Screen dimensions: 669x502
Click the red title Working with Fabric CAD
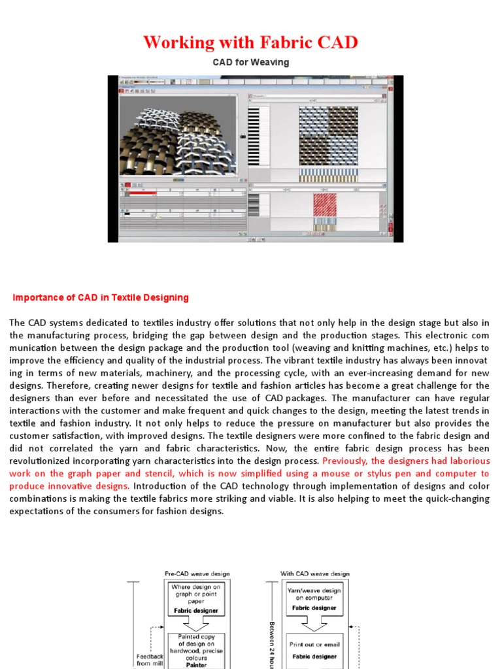250,42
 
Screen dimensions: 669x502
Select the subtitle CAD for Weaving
250,63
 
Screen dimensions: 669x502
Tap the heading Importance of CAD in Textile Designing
101,297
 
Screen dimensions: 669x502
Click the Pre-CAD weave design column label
197,574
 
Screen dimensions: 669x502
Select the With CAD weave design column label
315,574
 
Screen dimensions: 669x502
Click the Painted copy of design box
196,650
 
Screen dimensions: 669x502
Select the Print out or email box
314,650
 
